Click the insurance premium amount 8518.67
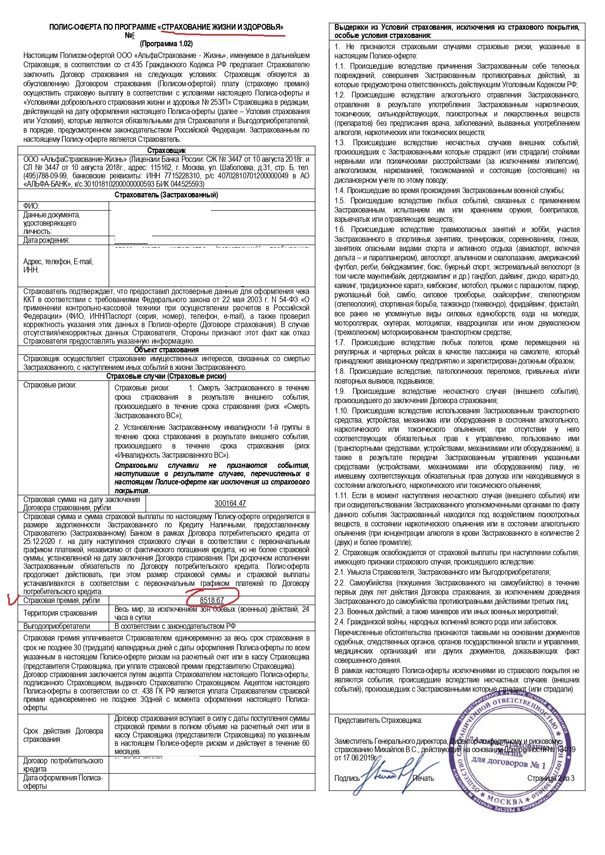point(212,600)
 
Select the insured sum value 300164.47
point(230,503)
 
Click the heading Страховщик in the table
point(166,151)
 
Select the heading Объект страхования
point(166,350)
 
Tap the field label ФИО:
point(31,206)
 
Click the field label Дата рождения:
point(46,240)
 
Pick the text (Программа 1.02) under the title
point(166,44)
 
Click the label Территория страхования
point(60,613)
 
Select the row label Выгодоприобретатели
point(57,626)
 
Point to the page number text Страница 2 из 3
point(550,778)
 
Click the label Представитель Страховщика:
point(378,720)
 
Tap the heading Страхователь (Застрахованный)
point(166,195)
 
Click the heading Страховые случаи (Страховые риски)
point(166,376)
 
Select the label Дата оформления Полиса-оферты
point(62,782)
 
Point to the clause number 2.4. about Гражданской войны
point(340,622)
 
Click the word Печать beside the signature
point(423,778)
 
